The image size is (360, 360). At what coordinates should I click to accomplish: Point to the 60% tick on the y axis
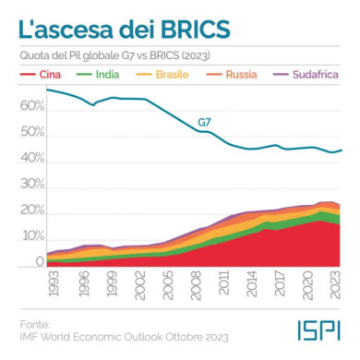[x=32, y=106]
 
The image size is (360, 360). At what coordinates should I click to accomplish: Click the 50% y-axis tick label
[x=32, y=132]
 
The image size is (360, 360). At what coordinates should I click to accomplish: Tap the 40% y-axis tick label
[x=32, y=158]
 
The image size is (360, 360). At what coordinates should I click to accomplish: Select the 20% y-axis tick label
[x=32, y=210]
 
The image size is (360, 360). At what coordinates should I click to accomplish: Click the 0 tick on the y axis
[x=40, y=261]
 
